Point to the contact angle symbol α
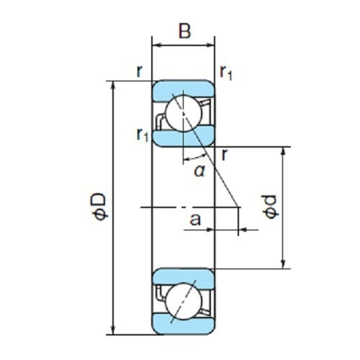click(198, 170)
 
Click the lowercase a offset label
click(194, 219)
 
